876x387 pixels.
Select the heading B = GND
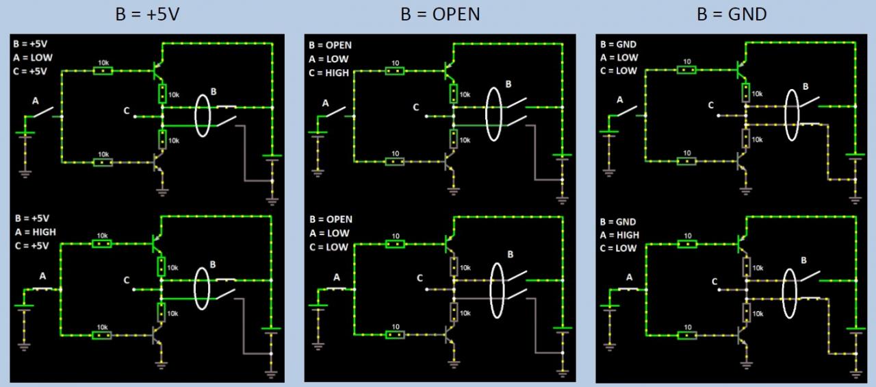pyautogui.click(x=732, y=14)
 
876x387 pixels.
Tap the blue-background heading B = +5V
pyautogui.click(x=147, y=14)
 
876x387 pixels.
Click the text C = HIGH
pyautogui.click(x=329, y=71)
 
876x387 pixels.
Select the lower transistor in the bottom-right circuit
pyautogui.click(x=743, y=335)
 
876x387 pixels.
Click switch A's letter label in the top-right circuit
pyautogui.click(x=620, y=100)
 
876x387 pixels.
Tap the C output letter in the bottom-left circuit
pyautogui.click(x=127, y=279)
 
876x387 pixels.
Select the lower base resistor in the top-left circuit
pyautogui.click(x=103, y=162)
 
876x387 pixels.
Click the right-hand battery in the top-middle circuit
pyautogui.click(x=563, y=158)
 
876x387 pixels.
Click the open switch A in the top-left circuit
pyautogui.click(x=44, y=112)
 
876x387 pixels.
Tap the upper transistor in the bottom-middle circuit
pyautogui.click(x=450, y=243)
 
